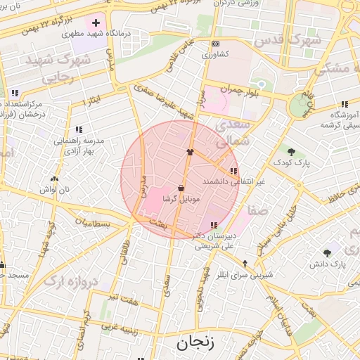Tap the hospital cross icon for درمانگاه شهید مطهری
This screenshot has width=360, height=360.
click(96, 23)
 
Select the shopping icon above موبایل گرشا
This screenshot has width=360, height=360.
click(181, 188)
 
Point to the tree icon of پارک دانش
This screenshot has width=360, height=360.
click(328, 253)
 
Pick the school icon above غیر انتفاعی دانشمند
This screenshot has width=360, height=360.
click(233, 171)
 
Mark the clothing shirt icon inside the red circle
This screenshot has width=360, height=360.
click(190, 151)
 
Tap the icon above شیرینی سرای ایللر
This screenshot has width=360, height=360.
click(245, 263)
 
